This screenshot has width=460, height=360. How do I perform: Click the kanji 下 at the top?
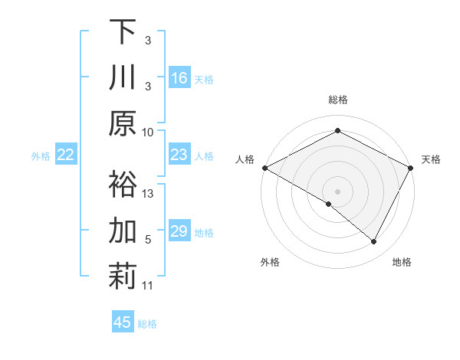[123, 31]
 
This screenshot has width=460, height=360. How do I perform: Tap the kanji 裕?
[123, 184]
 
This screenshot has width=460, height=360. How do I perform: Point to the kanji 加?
[123, 231]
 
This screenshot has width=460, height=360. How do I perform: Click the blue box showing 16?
[179, 77]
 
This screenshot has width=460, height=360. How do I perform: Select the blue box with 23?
[179, 155]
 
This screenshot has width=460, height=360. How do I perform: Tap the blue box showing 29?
[179, 231]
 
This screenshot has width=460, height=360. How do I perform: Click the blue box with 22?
[66, 155]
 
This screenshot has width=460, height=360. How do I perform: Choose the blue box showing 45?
[123, 322]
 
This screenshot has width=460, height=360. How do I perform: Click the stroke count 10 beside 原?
[148, 131]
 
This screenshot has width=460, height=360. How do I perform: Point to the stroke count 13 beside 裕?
[148, 193]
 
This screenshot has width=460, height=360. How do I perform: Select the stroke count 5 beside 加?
[148, 240]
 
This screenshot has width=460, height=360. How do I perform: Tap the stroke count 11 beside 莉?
[148, 286]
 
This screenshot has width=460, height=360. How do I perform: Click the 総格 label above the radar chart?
[337, 100]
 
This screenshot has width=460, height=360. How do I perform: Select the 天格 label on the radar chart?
[431, 159]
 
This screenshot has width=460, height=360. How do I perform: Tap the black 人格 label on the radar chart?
[245, 159]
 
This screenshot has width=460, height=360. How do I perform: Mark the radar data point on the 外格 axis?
[329, 204]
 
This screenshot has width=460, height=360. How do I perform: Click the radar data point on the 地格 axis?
[374, 242]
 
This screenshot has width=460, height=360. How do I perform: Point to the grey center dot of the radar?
[337, 191]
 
